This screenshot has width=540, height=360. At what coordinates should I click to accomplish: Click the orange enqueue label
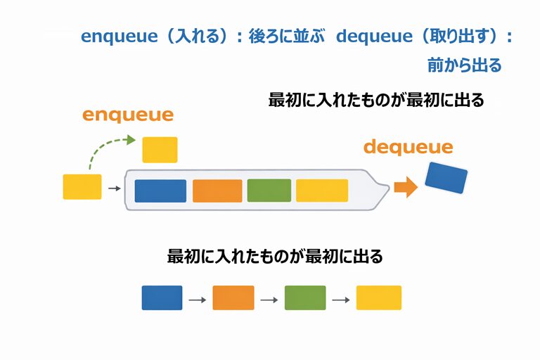click(128, 115)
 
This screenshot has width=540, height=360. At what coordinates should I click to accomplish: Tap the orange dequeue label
click(408, 148)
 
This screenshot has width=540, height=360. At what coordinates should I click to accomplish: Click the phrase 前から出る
click(464, 66)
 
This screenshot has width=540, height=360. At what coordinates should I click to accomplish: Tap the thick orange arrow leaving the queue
click(405, 187)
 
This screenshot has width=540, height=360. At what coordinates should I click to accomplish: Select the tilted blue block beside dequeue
click(446, 177)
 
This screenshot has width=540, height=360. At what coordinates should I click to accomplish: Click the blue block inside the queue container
click(160, 191)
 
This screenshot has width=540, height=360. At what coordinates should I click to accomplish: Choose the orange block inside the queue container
click(217, 191)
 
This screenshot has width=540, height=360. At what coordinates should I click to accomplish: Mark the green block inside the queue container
click(269, 191)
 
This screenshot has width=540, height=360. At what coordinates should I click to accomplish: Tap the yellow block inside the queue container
click(321, 191)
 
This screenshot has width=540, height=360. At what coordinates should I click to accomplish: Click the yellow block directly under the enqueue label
click(160, 150)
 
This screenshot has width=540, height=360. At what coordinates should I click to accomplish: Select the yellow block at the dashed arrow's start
click(82, 186)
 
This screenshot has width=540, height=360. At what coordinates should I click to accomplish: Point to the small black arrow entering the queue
click(112, 188)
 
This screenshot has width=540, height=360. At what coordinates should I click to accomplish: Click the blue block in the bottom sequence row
click(162, 297)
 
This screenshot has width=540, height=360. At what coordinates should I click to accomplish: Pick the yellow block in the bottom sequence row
click(378, 297)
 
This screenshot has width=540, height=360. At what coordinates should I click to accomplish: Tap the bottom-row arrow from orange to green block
click(269, 300)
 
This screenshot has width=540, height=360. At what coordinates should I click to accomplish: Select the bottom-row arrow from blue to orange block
click(197, 300)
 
